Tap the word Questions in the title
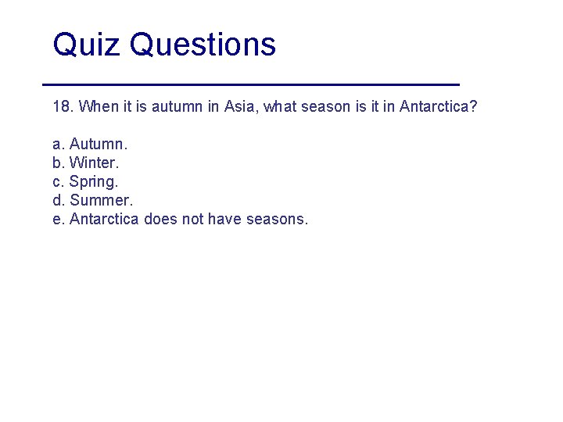pos(203,45)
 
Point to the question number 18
pos(62,106)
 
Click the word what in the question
pos(281,106)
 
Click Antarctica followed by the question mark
pos(437,106)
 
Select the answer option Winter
pos(94,163)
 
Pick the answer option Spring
pos(94,181)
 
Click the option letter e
pos(57,219)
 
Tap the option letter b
pos(57,163)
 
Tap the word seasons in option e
pos(277,219)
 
